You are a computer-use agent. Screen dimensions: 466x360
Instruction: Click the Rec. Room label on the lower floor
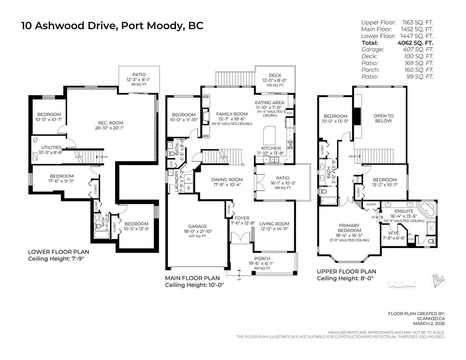[x=111, y=123]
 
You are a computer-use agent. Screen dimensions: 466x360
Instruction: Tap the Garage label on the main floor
[x=197, y=226]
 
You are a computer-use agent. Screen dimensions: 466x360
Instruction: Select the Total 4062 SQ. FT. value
[x=415, y=43]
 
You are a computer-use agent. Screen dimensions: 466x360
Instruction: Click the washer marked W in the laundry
[x=189, y=188]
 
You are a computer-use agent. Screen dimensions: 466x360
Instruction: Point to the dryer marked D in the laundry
[x=189, y=179]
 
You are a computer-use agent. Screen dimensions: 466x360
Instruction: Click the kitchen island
[x=269, y=136]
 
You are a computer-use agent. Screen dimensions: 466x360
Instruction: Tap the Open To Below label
[x=384, y=118]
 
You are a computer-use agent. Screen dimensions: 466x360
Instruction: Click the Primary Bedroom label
[x=349, y=228]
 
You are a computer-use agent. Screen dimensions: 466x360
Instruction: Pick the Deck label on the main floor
[x=275, y=75]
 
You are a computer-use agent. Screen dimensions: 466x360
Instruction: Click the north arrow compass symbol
[x=437, y=281]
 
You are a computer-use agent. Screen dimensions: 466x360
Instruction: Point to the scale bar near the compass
[x=402, y=286]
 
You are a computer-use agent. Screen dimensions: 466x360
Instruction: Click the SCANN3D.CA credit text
[x=431, y=319]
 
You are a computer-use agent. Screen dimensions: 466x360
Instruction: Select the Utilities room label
[x=52, y=148]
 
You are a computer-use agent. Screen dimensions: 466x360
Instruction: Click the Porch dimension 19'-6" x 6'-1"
[x=261, y=263]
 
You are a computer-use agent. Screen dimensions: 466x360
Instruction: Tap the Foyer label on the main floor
[x=242, y=218]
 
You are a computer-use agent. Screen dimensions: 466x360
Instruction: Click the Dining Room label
[x=227, y=180]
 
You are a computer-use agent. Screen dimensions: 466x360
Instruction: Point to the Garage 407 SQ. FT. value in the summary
[x=418, y=49]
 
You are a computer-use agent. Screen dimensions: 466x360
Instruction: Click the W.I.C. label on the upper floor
[x=394, y=233]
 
